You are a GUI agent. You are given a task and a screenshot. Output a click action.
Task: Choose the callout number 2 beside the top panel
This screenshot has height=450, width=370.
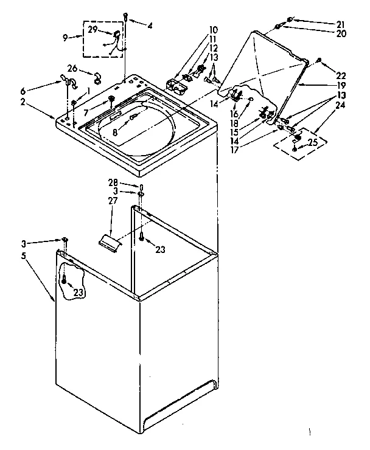[39, 103]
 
